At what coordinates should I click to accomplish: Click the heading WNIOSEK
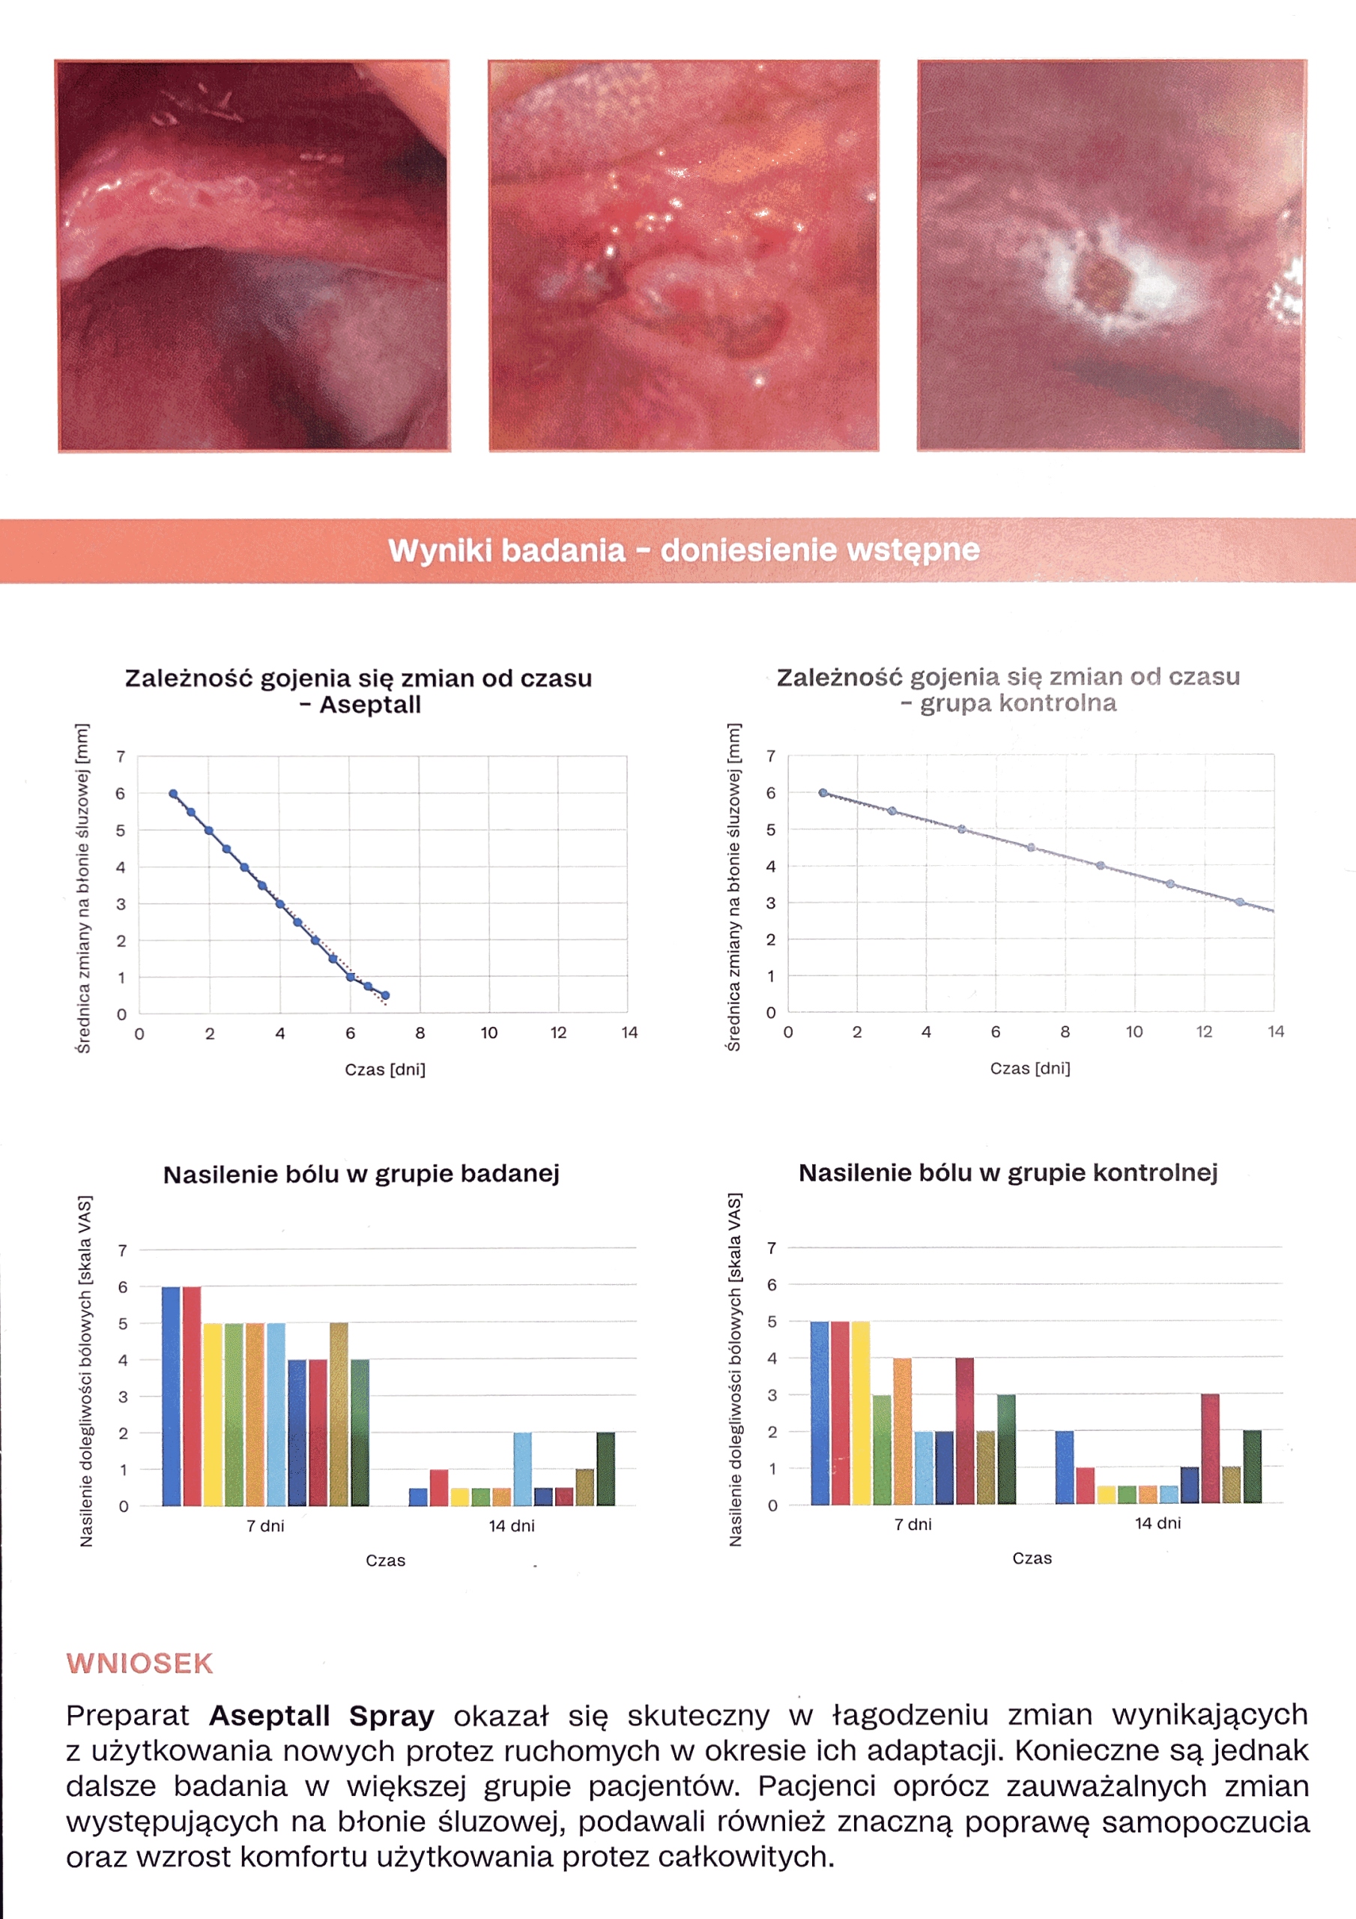139,1663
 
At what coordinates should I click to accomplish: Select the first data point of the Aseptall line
173,794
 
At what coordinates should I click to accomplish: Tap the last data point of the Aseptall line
385,995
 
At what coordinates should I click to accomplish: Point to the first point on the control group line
823,792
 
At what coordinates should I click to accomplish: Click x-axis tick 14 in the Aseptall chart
629,1033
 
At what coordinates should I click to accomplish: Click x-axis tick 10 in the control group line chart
1133,1032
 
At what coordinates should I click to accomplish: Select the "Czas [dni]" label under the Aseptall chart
385,1070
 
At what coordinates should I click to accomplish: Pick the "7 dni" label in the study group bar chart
265,1526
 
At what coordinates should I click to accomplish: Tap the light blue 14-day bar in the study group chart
522,1469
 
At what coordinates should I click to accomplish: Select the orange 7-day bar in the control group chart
902,1431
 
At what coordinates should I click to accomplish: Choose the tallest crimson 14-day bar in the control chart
1210,1448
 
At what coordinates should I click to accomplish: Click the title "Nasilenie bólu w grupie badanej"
361,1175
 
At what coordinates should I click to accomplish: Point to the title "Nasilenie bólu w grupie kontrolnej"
1008,1172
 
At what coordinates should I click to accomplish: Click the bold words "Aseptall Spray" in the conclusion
321,1715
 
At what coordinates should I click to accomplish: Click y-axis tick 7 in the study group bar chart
123,1250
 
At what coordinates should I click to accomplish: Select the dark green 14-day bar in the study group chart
606,1469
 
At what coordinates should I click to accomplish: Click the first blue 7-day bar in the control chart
819,1412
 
